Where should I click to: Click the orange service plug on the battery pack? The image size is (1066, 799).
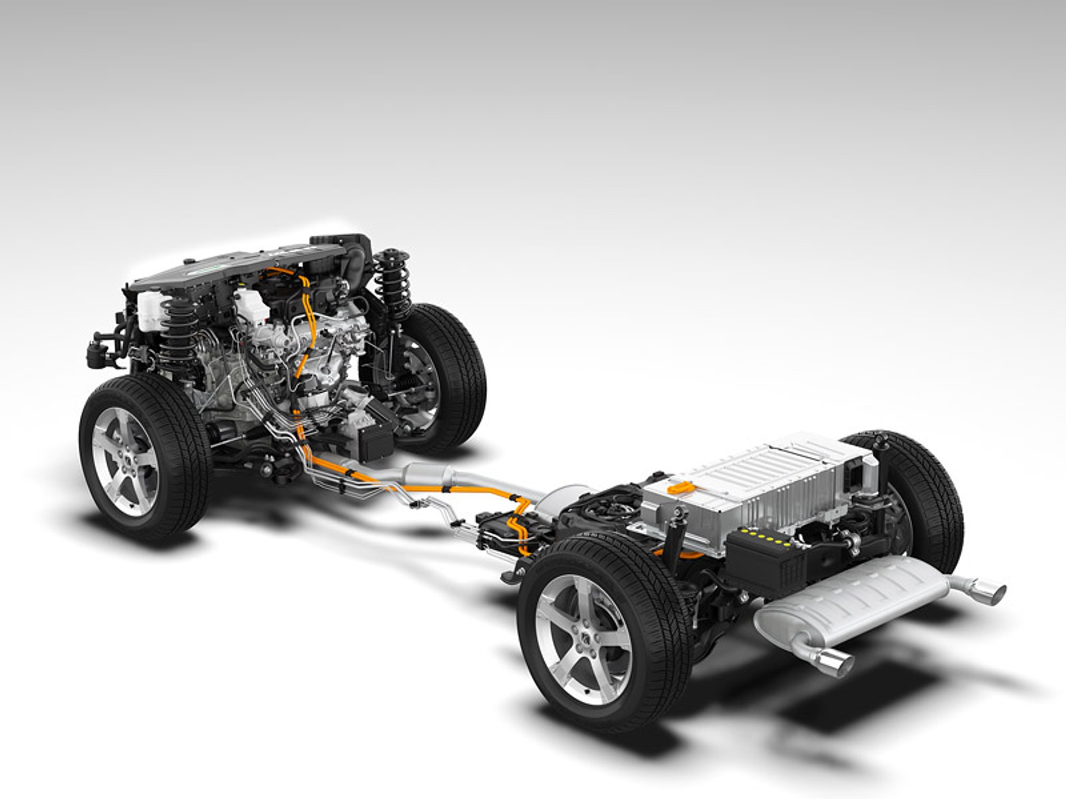(680, 486)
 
